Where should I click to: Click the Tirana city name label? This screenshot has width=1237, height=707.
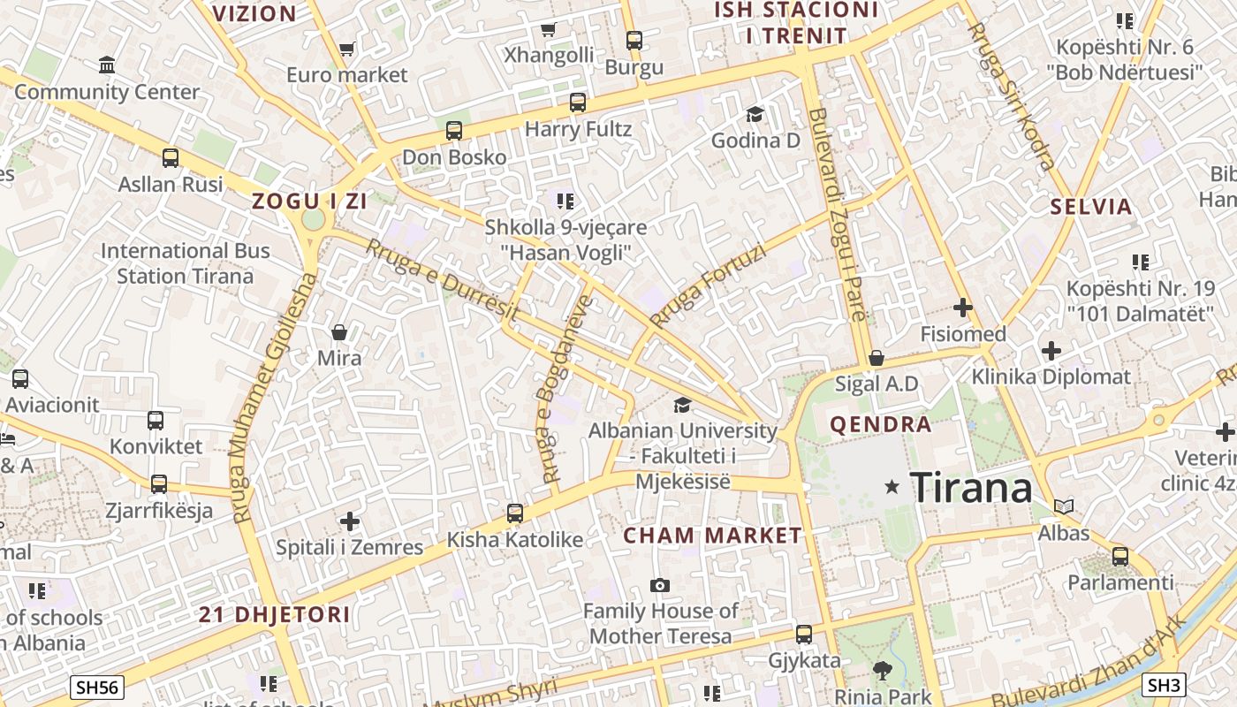click(x=970, y=487)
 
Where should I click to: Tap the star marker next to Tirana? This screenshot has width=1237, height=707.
click(x=892, y=487)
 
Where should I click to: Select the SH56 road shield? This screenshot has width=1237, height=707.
click(x=97, y=687)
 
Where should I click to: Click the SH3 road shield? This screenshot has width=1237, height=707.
click(x=1164, y=685)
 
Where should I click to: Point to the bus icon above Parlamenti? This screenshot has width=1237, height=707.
click(x=1120, y=557)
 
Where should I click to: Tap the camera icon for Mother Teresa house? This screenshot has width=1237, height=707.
click(x=659, y=585)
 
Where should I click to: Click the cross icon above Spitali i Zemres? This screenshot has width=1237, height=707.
click(x=350, y=521)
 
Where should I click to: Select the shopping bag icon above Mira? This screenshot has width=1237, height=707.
click(x=339, y=332)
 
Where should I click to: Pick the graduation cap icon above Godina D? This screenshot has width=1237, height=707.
click(x=755, y=114)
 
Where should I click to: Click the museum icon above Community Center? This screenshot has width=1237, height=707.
click(x=107, y=65)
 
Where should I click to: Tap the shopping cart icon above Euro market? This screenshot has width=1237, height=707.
click(x=346, y=49)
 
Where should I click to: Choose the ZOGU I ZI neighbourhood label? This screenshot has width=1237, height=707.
click(x=309, y=201)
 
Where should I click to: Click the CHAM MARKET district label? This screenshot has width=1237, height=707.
click(x=712, y=536)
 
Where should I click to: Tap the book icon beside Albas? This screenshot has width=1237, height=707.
click(x=1064, y=507)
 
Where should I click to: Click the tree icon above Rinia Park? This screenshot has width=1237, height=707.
click(x=882, y=671)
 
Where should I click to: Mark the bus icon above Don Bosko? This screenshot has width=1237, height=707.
click(x=454, y=131)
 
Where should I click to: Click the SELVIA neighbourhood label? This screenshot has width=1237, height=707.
click(x=1091, y=207)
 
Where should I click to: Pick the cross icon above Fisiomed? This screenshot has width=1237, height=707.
click(x=963, y=308)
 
